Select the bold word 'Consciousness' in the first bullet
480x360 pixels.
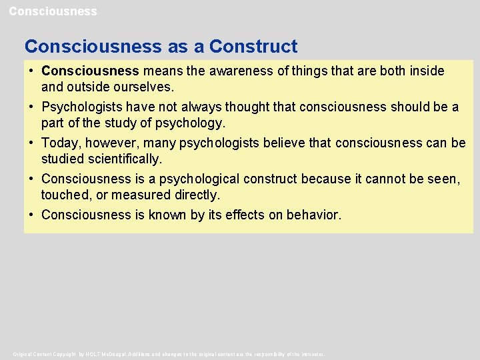point(90,71)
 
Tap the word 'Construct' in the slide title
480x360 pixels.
point(253,47)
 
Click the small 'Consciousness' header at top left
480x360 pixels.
point(53,11)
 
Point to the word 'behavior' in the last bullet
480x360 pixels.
point(313,215)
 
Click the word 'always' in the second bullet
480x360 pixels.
point(207,107)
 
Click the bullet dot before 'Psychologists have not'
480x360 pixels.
point(31,107)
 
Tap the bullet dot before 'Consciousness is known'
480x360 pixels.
point(31,215)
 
